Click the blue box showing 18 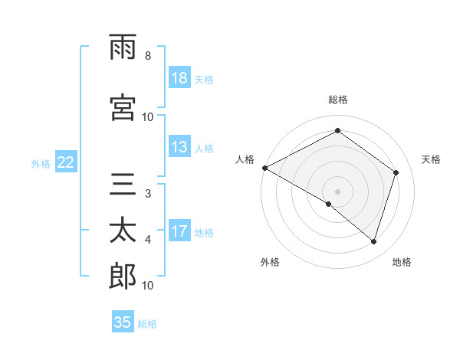[x=179, y=78]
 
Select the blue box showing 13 [x=179, y=147]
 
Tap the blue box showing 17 [x=179, y=231]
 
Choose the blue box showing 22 [x=66, y=162]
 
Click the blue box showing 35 [x=123, y=322]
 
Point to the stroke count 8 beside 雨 [x=147, y=56]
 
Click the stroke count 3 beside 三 [x=147, y=195]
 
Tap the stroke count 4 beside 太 [x=147, y=241]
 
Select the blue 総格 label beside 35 [x=147, y=324]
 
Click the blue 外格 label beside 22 [x=40, y=163]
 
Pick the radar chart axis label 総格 [x=338, y=100]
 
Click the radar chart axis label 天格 [x=431, y=159]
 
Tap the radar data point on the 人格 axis [x=264, y=168]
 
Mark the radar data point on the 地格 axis [x=373, y=242]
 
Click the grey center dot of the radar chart [x=337, y=191]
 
